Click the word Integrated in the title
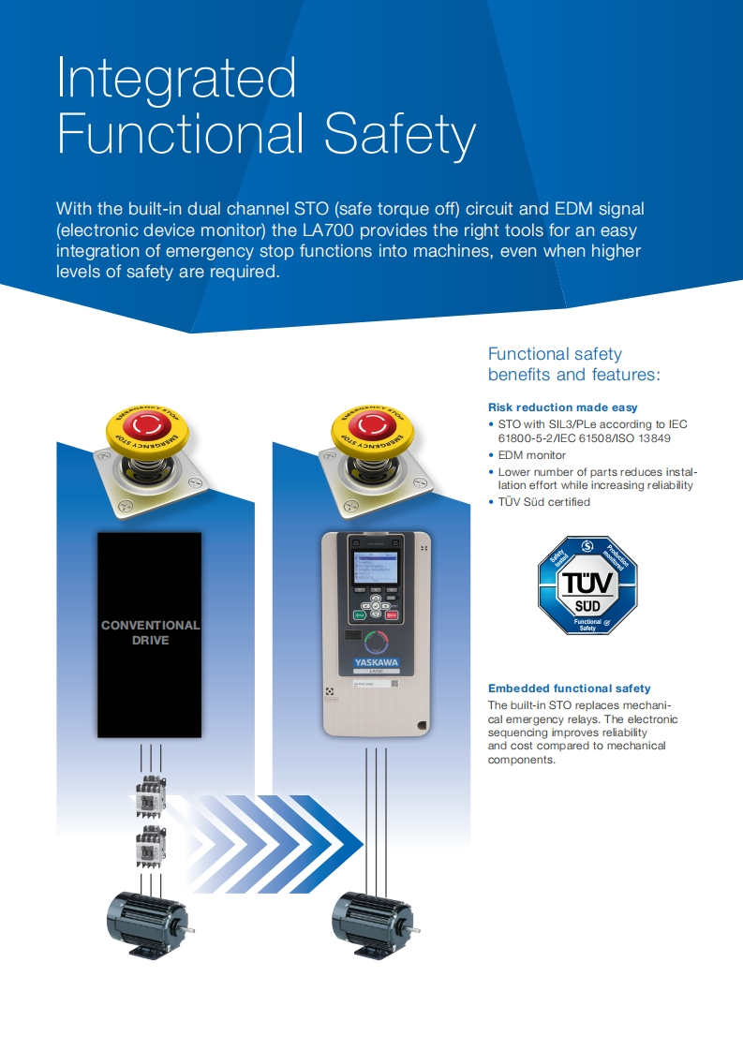click(x=176, y=80)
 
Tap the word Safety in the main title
click(x=400, y=135)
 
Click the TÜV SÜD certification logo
click(x=587, y=585)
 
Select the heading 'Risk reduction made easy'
click(x=562, y=407)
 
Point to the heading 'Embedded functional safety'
click(x=569, y=688)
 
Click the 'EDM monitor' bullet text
click(x=531, y=455)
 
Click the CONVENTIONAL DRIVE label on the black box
click(x=150, y=632)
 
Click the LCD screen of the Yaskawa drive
click(x=374, y=568)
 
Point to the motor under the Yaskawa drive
click(x=372, y=922)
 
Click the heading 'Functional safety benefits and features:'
click(x=573, y=364)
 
